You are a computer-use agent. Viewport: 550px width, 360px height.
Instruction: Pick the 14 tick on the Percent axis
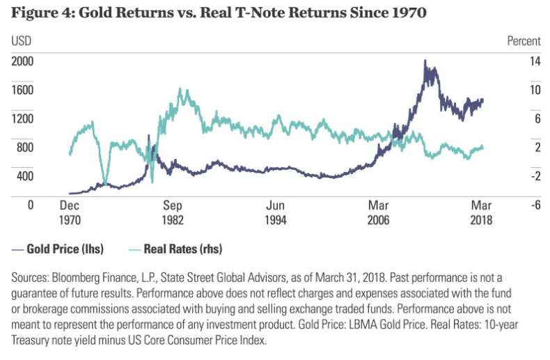point(514,61)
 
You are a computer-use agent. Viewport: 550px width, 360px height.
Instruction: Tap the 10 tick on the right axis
point(514,89)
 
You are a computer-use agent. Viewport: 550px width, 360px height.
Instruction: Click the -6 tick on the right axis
point(516,205)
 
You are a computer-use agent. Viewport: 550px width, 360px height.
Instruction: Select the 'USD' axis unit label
point(22,41)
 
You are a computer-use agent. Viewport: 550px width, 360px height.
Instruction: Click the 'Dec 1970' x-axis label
point(70,212)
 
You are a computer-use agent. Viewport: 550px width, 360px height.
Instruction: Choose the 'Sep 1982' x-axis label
point(173,212)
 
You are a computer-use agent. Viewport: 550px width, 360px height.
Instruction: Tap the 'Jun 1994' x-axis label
point(276,212)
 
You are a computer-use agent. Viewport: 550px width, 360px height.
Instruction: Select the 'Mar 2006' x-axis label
point(379,212)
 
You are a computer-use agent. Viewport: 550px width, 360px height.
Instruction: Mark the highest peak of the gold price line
point(425,61)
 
